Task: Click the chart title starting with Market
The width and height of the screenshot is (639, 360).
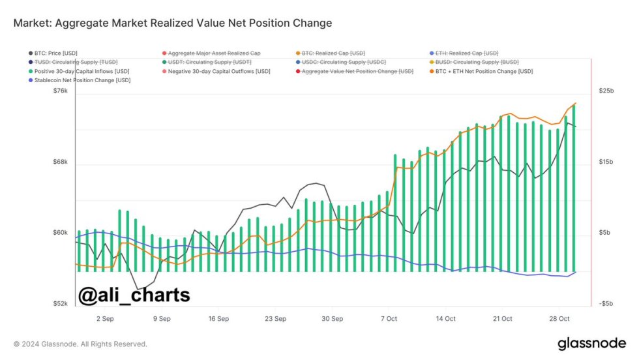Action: coord(173,23)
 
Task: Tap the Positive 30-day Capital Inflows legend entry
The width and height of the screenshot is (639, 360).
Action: coord(82,71)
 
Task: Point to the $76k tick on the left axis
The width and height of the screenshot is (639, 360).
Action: coord(60,91)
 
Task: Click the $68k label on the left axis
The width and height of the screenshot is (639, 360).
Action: coord(60,162)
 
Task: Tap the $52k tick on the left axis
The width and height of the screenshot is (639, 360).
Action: coord(60,304)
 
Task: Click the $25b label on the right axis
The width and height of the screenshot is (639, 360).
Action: coord(606,91)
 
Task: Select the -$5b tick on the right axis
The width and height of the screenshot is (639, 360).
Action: coord(606,304)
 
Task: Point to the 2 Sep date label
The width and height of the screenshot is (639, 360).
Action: coord(105,319)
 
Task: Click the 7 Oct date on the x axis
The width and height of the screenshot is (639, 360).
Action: coord(389,319)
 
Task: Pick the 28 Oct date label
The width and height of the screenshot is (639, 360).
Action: coord(560,319)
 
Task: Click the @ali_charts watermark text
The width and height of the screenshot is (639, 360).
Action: coord(134,295)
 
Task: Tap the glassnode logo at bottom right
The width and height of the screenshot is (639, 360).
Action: coord(591,344)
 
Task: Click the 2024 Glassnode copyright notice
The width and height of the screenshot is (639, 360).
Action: coord(80,344)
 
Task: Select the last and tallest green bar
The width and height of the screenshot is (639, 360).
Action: coord(573,189)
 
